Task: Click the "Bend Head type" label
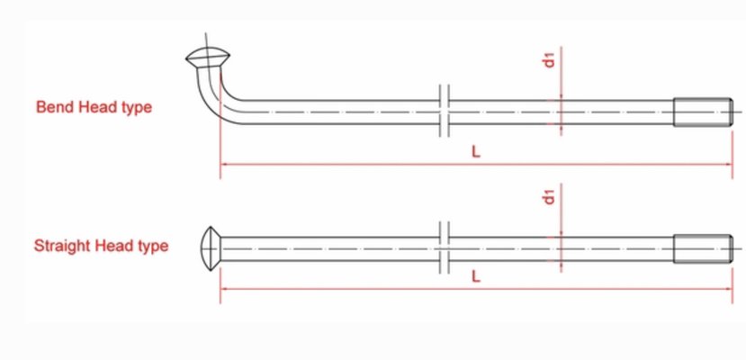(x=94, y=107)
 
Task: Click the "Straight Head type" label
(x=101, y=246)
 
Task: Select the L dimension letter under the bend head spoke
(x=476, y=152)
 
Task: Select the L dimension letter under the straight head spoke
(x=476, y=277)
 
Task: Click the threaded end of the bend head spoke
(x=701, y=112)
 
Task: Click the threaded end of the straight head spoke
(x=701, y=248)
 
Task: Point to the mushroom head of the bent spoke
(x=207, y=59)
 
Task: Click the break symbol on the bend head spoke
(x=444, y=112)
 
